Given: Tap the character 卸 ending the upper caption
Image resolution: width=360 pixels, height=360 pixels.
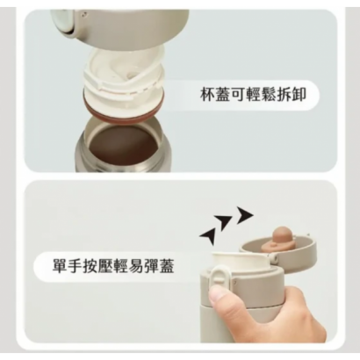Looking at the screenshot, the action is [x=299, y=94].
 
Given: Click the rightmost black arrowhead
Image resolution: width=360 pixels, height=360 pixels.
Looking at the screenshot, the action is [x=244, y=215].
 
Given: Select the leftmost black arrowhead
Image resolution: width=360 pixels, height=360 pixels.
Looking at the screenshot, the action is [x=208, y=235].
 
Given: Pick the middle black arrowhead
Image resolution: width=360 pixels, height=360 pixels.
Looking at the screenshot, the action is [x=223, y=223].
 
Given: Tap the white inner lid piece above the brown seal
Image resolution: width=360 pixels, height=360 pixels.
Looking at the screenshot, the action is [x=124, y=76].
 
